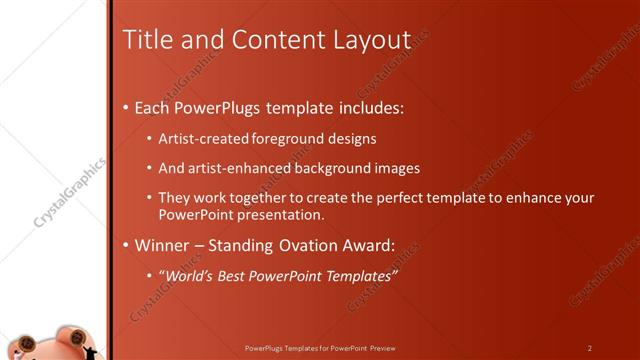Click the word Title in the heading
[x=143, y=40]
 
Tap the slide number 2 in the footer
[x=590, y=348]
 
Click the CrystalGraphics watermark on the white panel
[x=68, y=193]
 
